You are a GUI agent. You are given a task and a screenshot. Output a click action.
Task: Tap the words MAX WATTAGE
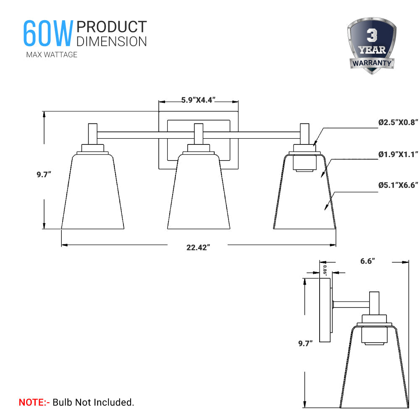tap(52, 55)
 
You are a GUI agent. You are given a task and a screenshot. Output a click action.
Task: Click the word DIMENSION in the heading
tap(111, 41)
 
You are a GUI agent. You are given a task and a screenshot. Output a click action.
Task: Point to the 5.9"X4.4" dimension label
tap(198, 100)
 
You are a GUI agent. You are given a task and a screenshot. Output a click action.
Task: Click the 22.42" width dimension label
tap(198, 247)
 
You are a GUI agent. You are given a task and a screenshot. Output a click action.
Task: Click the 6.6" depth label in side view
tap(367, 261)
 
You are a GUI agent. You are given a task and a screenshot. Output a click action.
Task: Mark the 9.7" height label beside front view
tap(44, 174)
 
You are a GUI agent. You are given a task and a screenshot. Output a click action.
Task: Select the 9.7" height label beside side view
tap(305, 344)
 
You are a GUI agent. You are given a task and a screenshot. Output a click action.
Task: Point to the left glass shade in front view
tap(92, 193)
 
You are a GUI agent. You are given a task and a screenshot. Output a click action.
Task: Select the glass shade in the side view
tap(374, 370)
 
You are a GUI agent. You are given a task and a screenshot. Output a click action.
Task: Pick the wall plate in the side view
tap(325, 311)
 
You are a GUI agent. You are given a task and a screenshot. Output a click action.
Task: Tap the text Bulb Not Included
tap(93, 402)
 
